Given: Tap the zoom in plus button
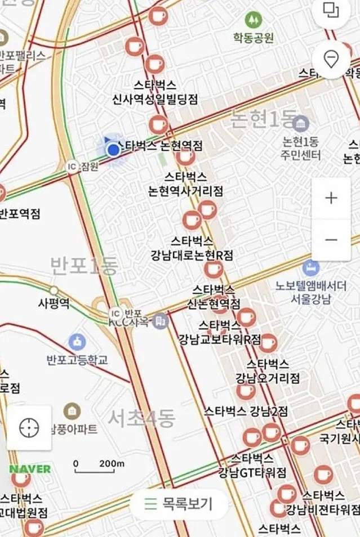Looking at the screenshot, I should point(331,198).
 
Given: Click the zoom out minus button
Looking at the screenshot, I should point(331,240).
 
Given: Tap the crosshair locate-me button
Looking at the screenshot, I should point(29,428).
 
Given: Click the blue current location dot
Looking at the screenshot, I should point(114,150).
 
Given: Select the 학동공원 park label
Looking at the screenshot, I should point(253,38).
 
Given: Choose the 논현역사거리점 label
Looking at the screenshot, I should point(185,191).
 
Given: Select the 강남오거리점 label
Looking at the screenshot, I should point(268,377).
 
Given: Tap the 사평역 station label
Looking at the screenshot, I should point(54,303).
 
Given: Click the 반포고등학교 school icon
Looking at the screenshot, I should point(77,341).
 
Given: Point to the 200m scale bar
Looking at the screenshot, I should point(99,464).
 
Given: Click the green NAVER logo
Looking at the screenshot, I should point(30,468).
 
